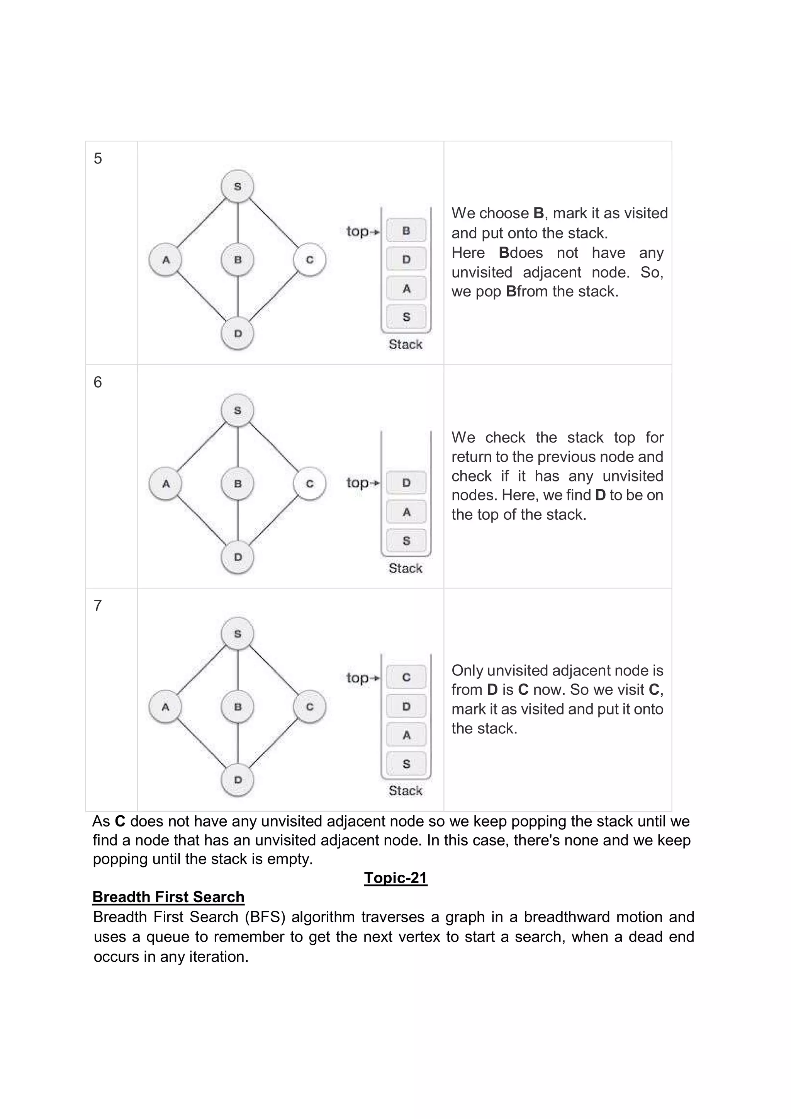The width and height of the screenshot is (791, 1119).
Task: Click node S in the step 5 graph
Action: [237, 186]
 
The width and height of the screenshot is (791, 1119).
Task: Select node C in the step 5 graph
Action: [309, 259]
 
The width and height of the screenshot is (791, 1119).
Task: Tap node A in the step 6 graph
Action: [166, 483]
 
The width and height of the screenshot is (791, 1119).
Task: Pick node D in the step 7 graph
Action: [237, 779]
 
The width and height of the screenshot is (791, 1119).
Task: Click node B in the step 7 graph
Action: [237, 706]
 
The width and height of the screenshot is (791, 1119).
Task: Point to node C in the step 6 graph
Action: [309, 483]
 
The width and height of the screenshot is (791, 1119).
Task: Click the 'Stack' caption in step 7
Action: [405, 791]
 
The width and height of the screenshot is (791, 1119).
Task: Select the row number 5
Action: [98, 158]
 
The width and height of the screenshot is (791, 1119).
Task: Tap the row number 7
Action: [98, 605]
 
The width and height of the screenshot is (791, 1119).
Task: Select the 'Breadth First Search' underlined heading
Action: [168, 897]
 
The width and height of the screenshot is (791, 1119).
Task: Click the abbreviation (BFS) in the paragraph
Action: [265, 917]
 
